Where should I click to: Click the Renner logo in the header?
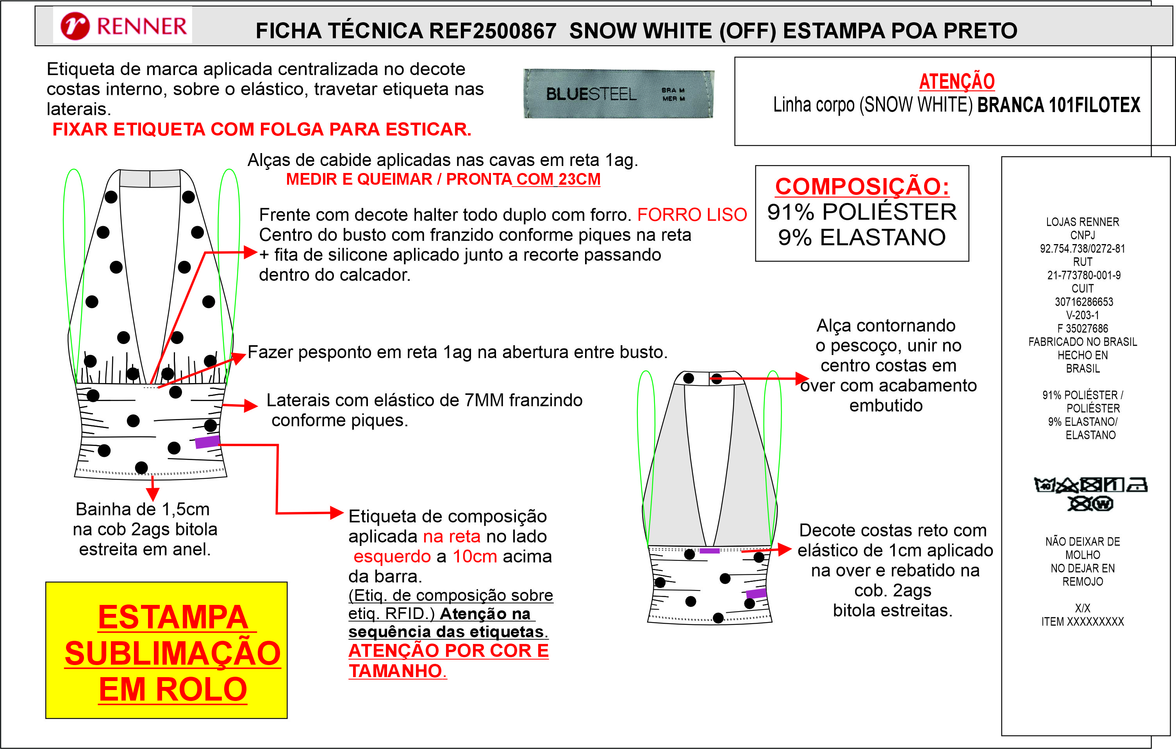pyautogui.click(x=123, y=26)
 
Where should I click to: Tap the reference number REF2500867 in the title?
pyautogui.click(x=493, y=31)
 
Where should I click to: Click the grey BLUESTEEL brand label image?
pyautogui.click(x=619, y=93)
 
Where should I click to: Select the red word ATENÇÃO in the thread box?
pyautogui.click(x=957, y=81)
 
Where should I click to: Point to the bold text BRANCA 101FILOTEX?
pyautogui.click(x=1059, y=105)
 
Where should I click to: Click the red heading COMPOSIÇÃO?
pyautogui.click(x=862, y=187)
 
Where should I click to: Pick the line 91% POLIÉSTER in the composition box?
pyautogui.click(x=862, y=212)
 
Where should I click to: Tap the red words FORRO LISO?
pyautogui.click(x=692, y=214)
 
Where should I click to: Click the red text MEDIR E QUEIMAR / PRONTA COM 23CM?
pyautogui.click(x=443, y=179)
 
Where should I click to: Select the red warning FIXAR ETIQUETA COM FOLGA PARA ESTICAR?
pyautogui.click(x=262, y=129)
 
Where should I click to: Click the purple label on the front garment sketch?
pyautogui.click(x=207, y=442)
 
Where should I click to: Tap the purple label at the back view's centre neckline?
pyautogui.click(x=710, y=551)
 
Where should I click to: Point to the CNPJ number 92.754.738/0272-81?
pyautogui.click(x=1082, y=248)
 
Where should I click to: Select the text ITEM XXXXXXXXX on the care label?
pyautogui.click(x=1082, y=622)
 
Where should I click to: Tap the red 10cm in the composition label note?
pyautogui.click(x=475, y=556)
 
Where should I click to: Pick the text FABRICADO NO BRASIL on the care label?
pyautogui.click(x=1082, y=342)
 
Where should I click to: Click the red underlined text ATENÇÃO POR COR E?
pyautogui.click(x=448, y=651)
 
